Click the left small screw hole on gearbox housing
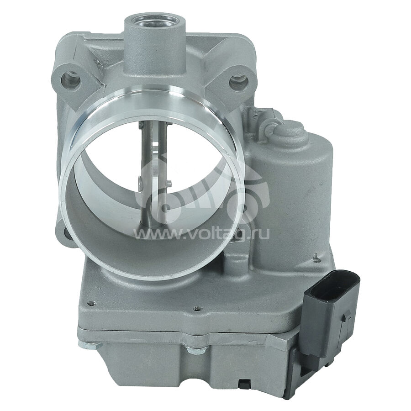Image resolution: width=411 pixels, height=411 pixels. pyautogui.click(x=91, y=302)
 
